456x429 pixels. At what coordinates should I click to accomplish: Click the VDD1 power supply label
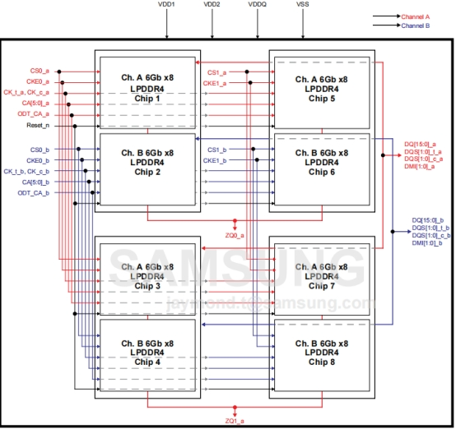pyautogui.click(x=167, y=5)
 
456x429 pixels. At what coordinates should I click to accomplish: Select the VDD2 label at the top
pyautogui.click(x=212, y=5)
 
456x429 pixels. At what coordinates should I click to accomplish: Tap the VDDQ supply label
pyautogui.click(x=257, y=5)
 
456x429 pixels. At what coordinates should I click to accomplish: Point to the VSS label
pyautogui.click(x=303, y=5)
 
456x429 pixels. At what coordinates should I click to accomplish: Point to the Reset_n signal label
pyautogui.click(x=38, y=126)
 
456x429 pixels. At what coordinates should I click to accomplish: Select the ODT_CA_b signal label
pyautogui.click(x=34, y=192)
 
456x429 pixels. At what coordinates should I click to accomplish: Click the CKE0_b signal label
pyautogui.click(x=38, y=160)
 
